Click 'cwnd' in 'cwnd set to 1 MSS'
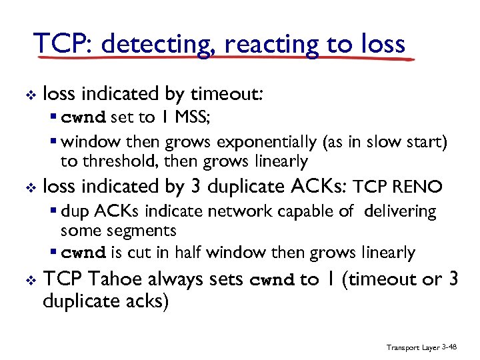pos(83,118)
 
